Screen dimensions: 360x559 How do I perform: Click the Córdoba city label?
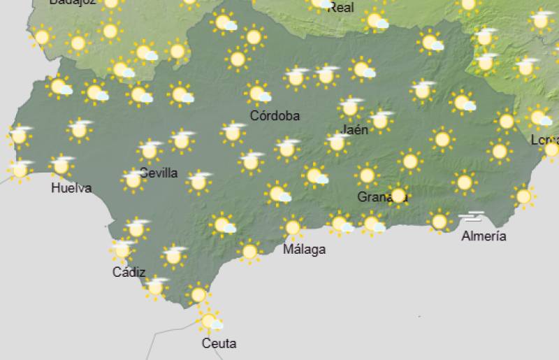pos(275,116)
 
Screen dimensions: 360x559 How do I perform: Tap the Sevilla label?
pos(159,173)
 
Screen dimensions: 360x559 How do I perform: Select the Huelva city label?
pos(71,188)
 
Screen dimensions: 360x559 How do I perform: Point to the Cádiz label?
pos(129,272)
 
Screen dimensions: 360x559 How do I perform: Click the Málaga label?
pos(304,250)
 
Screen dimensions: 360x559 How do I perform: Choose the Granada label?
pos(382,197)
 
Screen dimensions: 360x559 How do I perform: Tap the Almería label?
pos(484,236)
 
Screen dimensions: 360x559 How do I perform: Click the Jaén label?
pos(354,130)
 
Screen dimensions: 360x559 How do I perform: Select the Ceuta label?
pos(219,343)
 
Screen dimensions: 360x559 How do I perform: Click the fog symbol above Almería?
pos(472,217)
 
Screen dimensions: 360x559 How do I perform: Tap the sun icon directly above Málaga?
pos(292,227)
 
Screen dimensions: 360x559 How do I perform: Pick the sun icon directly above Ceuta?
pos(208,321)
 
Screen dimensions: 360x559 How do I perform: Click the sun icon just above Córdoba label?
pos(257,92)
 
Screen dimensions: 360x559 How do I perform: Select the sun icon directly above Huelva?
pos(61,166)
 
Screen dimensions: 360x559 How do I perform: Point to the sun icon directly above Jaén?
pos(349,108)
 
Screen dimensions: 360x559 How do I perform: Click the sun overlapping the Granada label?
pos(398,195)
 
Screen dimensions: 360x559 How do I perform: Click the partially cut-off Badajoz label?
pos(71,3)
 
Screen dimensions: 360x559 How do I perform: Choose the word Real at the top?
pos(341,8)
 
